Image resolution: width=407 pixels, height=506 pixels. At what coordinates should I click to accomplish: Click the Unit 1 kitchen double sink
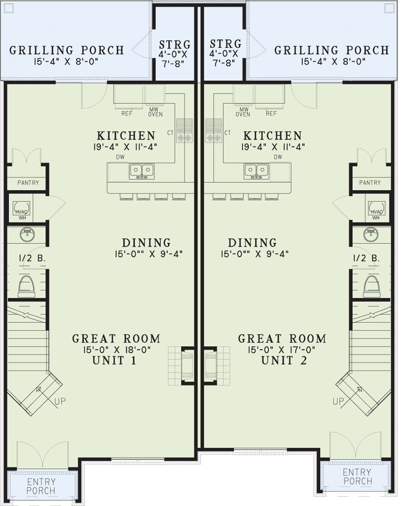click(x=142, y=171)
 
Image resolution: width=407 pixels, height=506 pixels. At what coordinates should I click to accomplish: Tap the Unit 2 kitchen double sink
click(x=256, y=171)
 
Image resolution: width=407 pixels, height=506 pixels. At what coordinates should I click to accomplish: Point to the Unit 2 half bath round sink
click(x=371, y=234)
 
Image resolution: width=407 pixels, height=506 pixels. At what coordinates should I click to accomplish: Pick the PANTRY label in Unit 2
click(x=369, y=183)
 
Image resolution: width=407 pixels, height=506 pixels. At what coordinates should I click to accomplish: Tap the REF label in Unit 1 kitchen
click(x=127, y=113)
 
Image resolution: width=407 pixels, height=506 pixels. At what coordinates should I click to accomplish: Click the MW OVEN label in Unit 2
click(x=243, y=111)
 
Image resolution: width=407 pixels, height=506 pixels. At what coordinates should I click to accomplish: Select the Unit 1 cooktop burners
click(x=184, y=138)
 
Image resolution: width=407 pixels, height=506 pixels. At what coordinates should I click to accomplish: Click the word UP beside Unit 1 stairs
click(x=60, y=401)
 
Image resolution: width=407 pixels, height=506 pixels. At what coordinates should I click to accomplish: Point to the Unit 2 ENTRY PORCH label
click(x=357, y=477)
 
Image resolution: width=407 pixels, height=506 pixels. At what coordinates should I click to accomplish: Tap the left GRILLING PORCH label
click(x=66, y=50)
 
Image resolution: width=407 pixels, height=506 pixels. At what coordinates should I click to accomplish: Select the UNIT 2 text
click(x=284, y=361)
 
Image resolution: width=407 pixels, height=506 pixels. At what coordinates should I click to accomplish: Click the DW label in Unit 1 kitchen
click(x=120, y=157)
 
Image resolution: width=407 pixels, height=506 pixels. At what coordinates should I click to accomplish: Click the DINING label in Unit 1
click(x=146, y=243)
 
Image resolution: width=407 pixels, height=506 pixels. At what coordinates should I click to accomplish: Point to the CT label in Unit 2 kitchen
click(x=227, y=133)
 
